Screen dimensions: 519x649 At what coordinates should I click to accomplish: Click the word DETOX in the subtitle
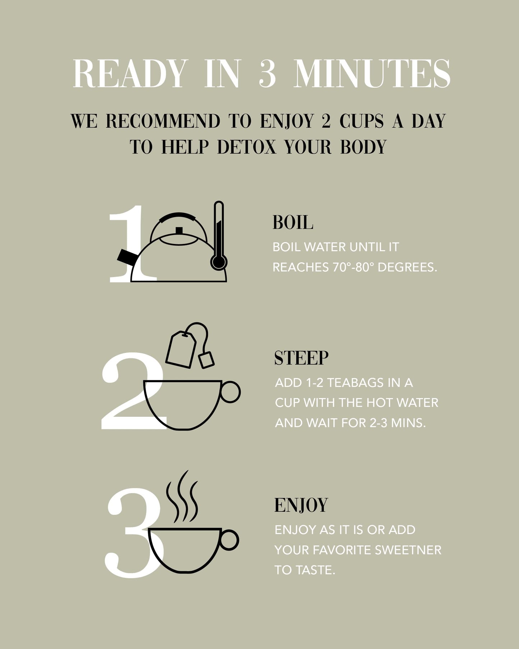point(247,147)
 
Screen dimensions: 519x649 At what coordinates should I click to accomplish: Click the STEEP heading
point(301,358)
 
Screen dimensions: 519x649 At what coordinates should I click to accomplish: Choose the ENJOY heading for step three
point(301,505)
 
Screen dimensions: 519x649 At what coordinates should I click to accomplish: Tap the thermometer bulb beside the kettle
point(218,262)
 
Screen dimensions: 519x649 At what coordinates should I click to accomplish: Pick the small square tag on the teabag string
point(207,360)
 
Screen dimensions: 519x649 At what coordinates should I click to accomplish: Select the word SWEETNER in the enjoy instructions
point(408,550)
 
